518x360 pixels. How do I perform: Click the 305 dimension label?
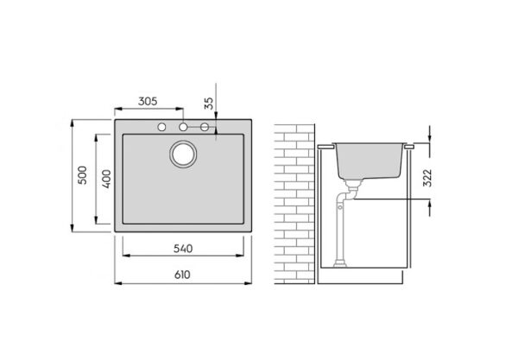coord(148,101)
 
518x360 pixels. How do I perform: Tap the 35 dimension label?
coord(209,104)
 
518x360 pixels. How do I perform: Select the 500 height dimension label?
coord(82,175)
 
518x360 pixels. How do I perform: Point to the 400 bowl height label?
coord(106,179)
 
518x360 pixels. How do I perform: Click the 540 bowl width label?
coord(183,249)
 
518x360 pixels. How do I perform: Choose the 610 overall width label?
coord(182,275)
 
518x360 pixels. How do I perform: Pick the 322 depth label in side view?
coord(427,178)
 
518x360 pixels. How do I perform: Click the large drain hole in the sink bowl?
coord(183,155)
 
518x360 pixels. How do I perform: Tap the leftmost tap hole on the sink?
coord(162,127)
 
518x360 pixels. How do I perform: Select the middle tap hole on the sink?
coord(183,127)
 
